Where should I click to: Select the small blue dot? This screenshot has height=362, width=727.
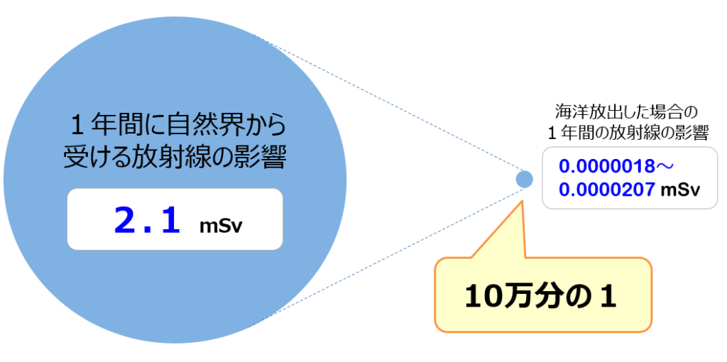[x=524, y=179]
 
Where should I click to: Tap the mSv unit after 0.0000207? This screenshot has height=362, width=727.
[x=679, y=191]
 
